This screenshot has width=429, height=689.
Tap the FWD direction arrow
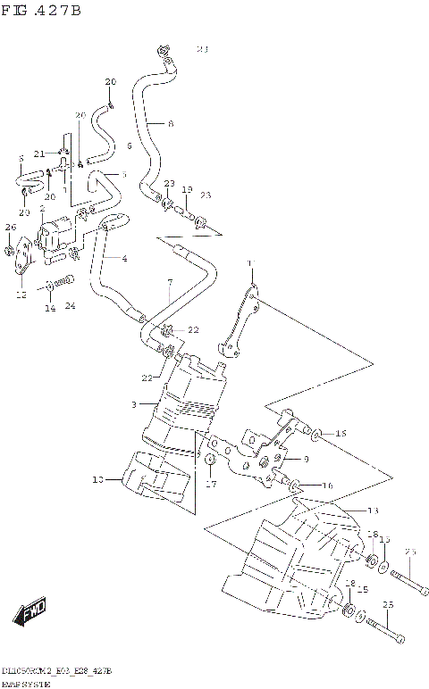click(x=29, y=614)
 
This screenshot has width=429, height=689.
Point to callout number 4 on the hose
click(x=124, y=259)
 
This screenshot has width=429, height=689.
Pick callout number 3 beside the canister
click(x=133, y=404)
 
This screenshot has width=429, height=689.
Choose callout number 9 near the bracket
click(x=306, y=459)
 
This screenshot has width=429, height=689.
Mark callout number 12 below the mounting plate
click(x=20, y=294)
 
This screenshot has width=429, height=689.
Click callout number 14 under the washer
click(x=50, y=308)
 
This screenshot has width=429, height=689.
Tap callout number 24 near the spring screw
click(x=71, y=307)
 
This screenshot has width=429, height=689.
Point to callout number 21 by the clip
click(x=39, y=153)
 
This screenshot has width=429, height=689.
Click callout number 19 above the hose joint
click(x=187, y=190)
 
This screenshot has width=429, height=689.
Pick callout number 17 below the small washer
click(x=211, y=485)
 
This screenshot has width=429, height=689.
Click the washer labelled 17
click(x=209, y=461)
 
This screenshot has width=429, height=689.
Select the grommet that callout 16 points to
click(x=296, y=486)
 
